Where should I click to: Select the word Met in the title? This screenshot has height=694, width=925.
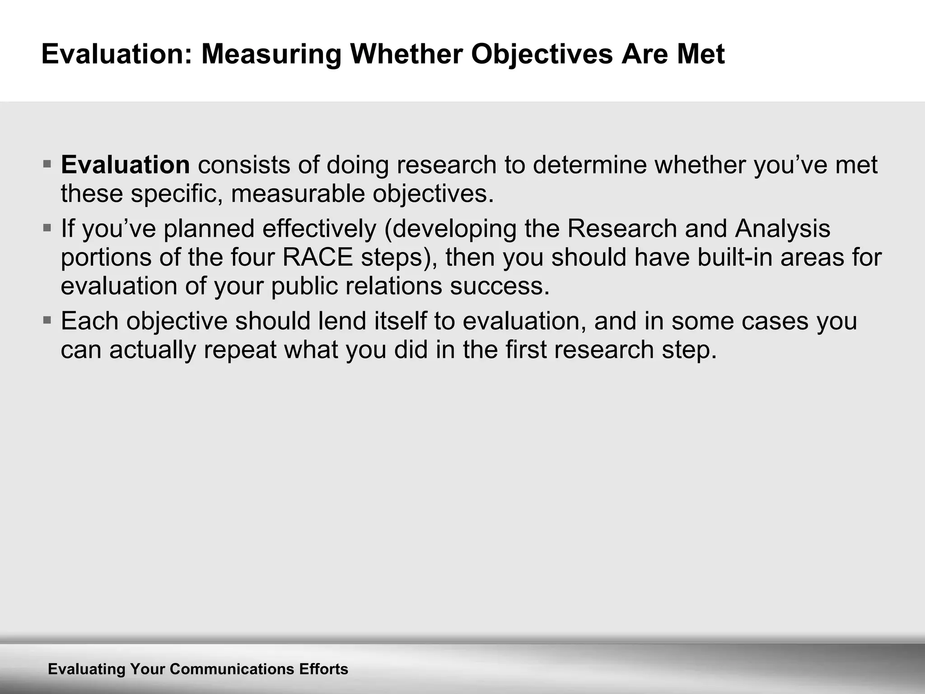pos(701,54)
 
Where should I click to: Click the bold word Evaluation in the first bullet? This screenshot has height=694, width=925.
pos(125,164)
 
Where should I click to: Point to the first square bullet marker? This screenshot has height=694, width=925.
pos(47,163)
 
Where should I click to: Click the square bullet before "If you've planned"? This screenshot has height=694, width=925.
pos(47,227)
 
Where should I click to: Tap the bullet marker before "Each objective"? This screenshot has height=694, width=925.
pos(47,320)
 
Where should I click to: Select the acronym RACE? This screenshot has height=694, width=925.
pos(317,257)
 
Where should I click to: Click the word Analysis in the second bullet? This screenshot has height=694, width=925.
pos(782,228)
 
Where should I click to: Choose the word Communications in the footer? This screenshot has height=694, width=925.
pos(232,669)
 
